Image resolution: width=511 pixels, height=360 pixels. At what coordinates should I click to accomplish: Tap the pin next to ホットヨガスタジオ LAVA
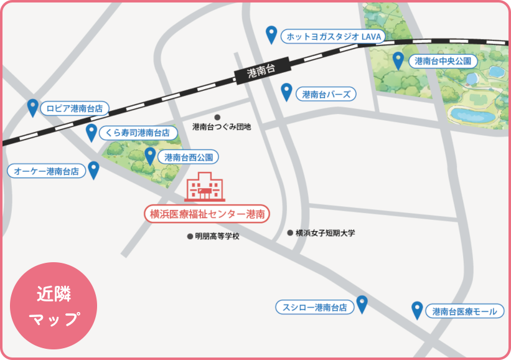pos(271,34)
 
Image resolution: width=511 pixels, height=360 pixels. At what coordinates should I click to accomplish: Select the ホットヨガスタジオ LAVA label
pos(332,37)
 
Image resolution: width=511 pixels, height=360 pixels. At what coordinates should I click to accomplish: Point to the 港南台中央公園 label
pos(443,61)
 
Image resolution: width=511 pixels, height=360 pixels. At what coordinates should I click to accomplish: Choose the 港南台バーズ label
pos(326,95)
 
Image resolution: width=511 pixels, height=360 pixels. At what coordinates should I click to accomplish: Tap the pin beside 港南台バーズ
pos(286,91)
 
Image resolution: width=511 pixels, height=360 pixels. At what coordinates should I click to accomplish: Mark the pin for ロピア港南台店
pos(33,107)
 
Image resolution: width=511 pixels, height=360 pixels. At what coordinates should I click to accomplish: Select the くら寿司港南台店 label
pos(137,133)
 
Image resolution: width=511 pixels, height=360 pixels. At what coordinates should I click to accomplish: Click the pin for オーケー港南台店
pos(94,169)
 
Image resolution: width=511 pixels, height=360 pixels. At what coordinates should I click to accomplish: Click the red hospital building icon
pos(205,186)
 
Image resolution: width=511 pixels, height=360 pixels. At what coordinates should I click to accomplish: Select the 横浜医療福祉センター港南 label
pos(207,214)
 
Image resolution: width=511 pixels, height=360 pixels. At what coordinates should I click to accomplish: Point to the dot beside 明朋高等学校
pos(190,237)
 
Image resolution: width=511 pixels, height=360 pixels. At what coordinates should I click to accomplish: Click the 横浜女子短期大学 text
pos(325,233)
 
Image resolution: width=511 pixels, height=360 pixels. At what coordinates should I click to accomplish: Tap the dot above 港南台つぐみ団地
pos(217,117)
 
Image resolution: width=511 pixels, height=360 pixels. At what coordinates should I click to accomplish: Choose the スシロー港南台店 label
pos(314,307)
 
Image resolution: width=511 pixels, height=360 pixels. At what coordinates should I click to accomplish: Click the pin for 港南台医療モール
pos(417,310)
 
